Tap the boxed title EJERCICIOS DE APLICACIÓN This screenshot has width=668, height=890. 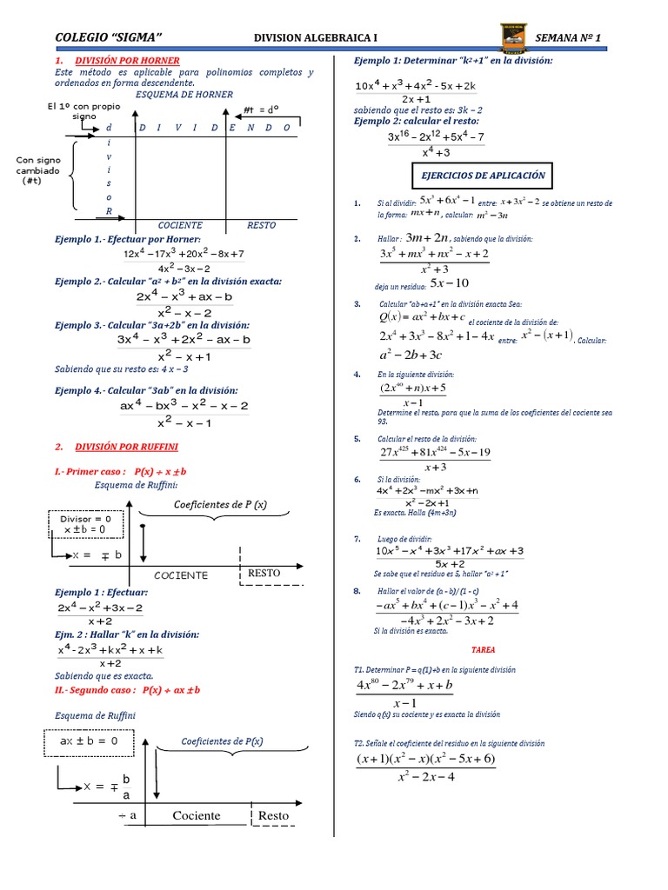(483, 176)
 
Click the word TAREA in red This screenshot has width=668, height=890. (484, 648)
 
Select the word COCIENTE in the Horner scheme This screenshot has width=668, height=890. (180, 225)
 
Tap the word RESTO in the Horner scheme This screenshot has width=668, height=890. (261, 225)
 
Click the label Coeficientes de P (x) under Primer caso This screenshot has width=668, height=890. (221, 505)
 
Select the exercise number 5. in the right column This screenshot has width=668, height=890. (357, 439)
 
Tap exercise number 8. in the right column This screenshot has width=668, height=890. (357, 591)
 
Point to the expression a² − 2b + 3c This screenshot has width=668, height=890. (411, 355)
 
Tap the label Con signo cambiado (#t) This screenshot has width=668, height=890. (37, 170)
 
